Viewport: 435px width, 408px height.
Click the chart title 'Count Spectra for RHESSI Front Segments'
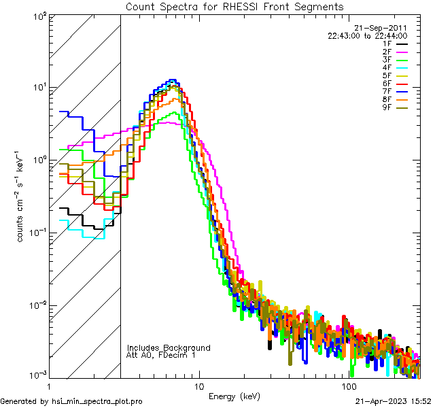pyautogui.click(x=234, y=7)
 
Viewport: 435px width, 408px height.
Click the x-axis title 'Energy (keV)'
pyautogui.click(x=234, y=396)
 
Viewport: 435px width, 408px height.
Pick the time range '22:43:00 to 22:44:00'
pyautogui.click(x=367, y=36)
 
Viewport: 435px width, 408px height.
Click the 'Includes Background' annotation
pyautogui.click(x=169, y=347)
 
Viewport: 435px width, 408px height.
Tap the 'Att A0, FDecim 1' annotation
pyautogui.click(x=160, y=355)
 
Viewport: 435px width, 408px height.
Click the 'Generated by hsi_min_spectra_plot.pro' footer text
pyautogui.click(x=71, y=401)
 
